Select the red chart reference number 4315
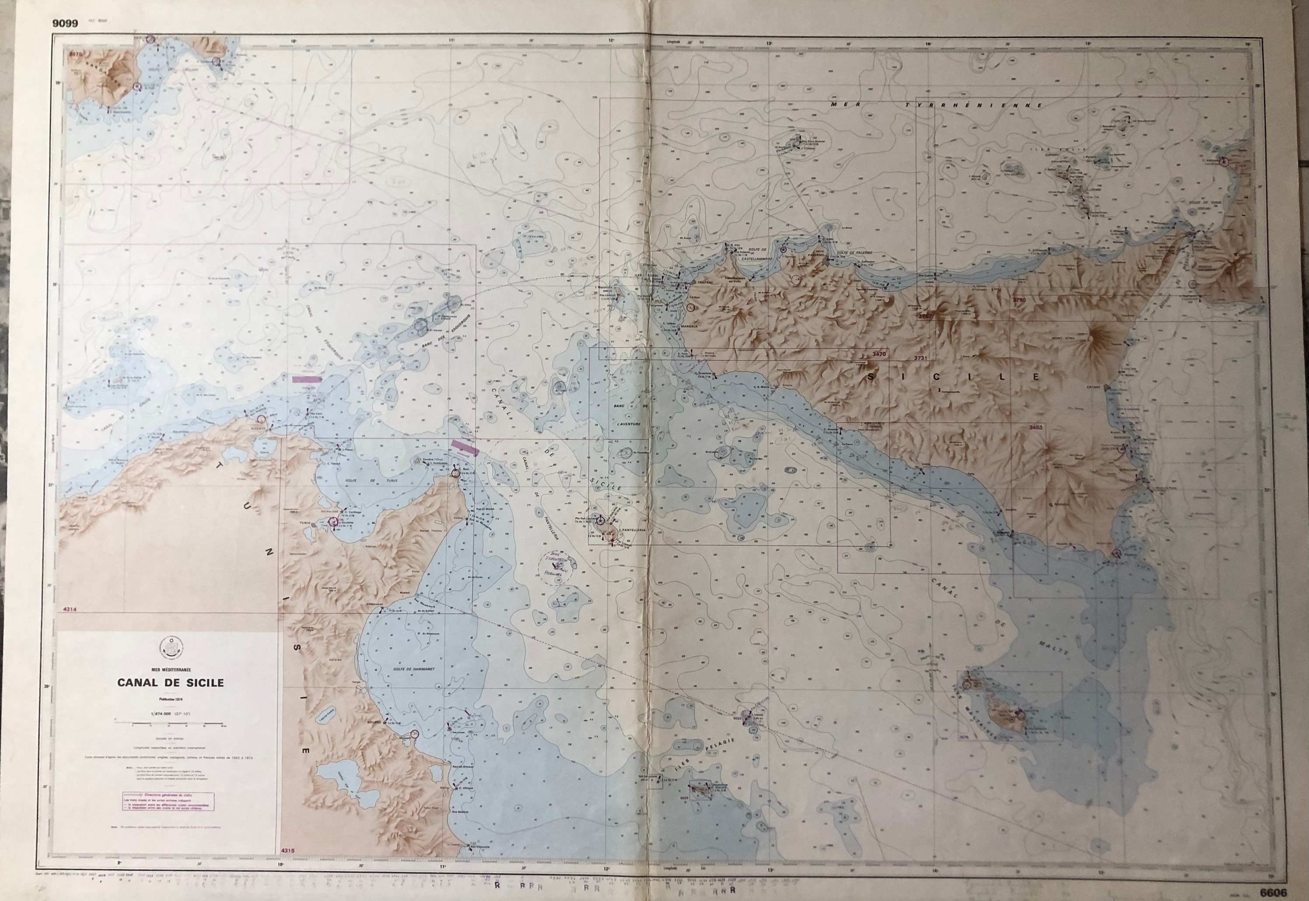coord(287,866)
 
